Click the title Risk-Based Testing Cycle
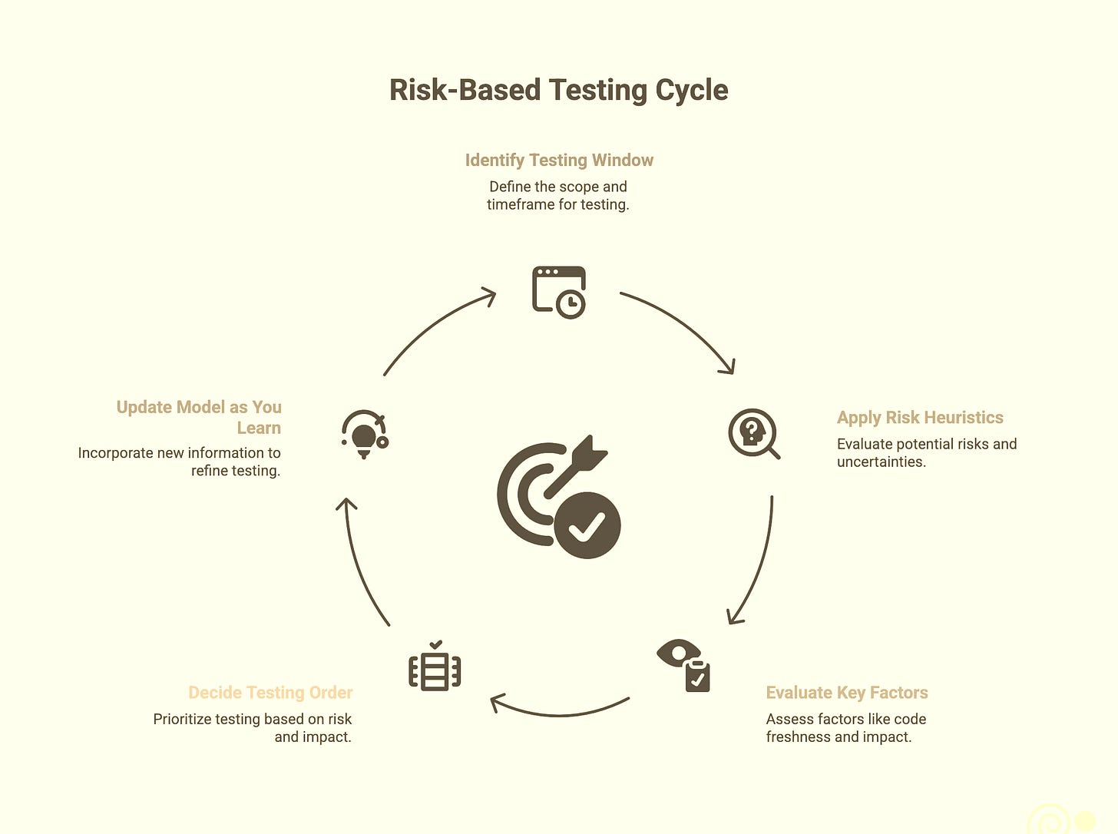558,90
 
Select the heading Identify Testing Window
559,160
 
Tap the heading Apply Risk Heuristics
920,418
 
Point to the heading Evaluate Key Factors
847,693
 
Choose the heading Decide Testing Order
270,693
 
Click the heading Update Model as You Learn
199,417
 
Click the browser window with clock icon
559,292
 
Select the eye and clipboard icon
683,665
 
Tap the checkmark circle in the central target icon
587,525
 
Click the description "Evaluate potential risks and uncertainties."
926,453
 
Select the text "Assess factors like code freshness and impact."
845,728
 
